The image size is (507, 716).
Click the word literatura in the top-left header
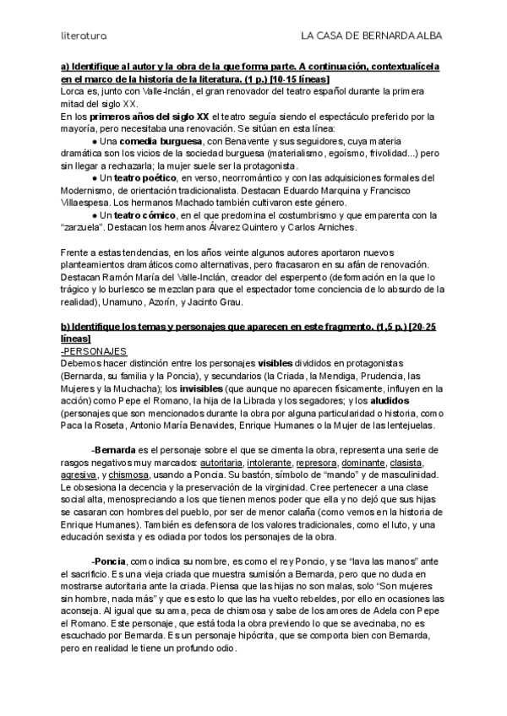(83, 35)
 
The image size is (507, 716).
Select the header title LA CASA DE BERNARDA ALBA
(373, 35)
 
